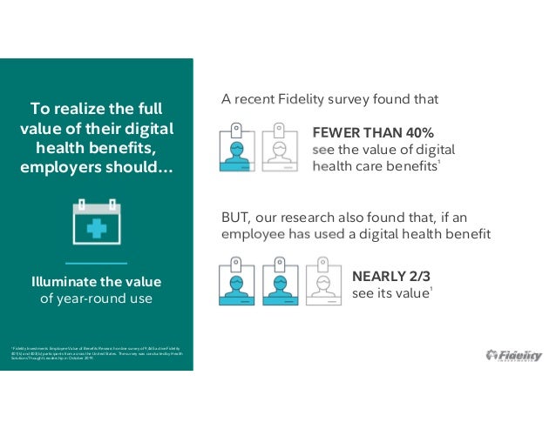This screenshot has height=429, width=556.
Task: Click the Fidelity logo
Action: point(513,355)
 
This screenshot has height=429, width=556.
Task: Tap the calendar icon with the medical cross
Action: point(96,221)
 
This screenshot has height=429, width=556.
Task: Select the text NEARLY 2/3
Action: point(391,276)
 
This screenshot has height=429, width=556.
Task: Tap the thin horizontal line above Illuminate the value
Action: point(96,262)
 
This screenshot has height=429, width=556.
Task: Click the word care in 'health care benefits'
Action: point(363,165)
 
